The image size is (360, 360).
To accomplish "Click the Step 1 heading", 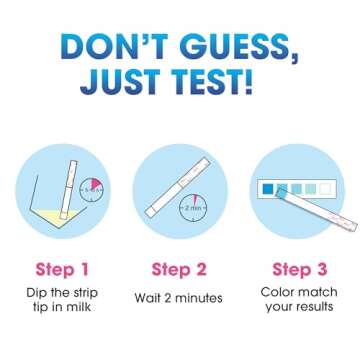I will (62, 269).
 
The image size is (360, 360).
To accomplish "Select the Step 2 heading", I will (179, 269).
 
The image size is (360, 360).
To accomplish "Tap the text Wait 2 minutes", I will (179, 298).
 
